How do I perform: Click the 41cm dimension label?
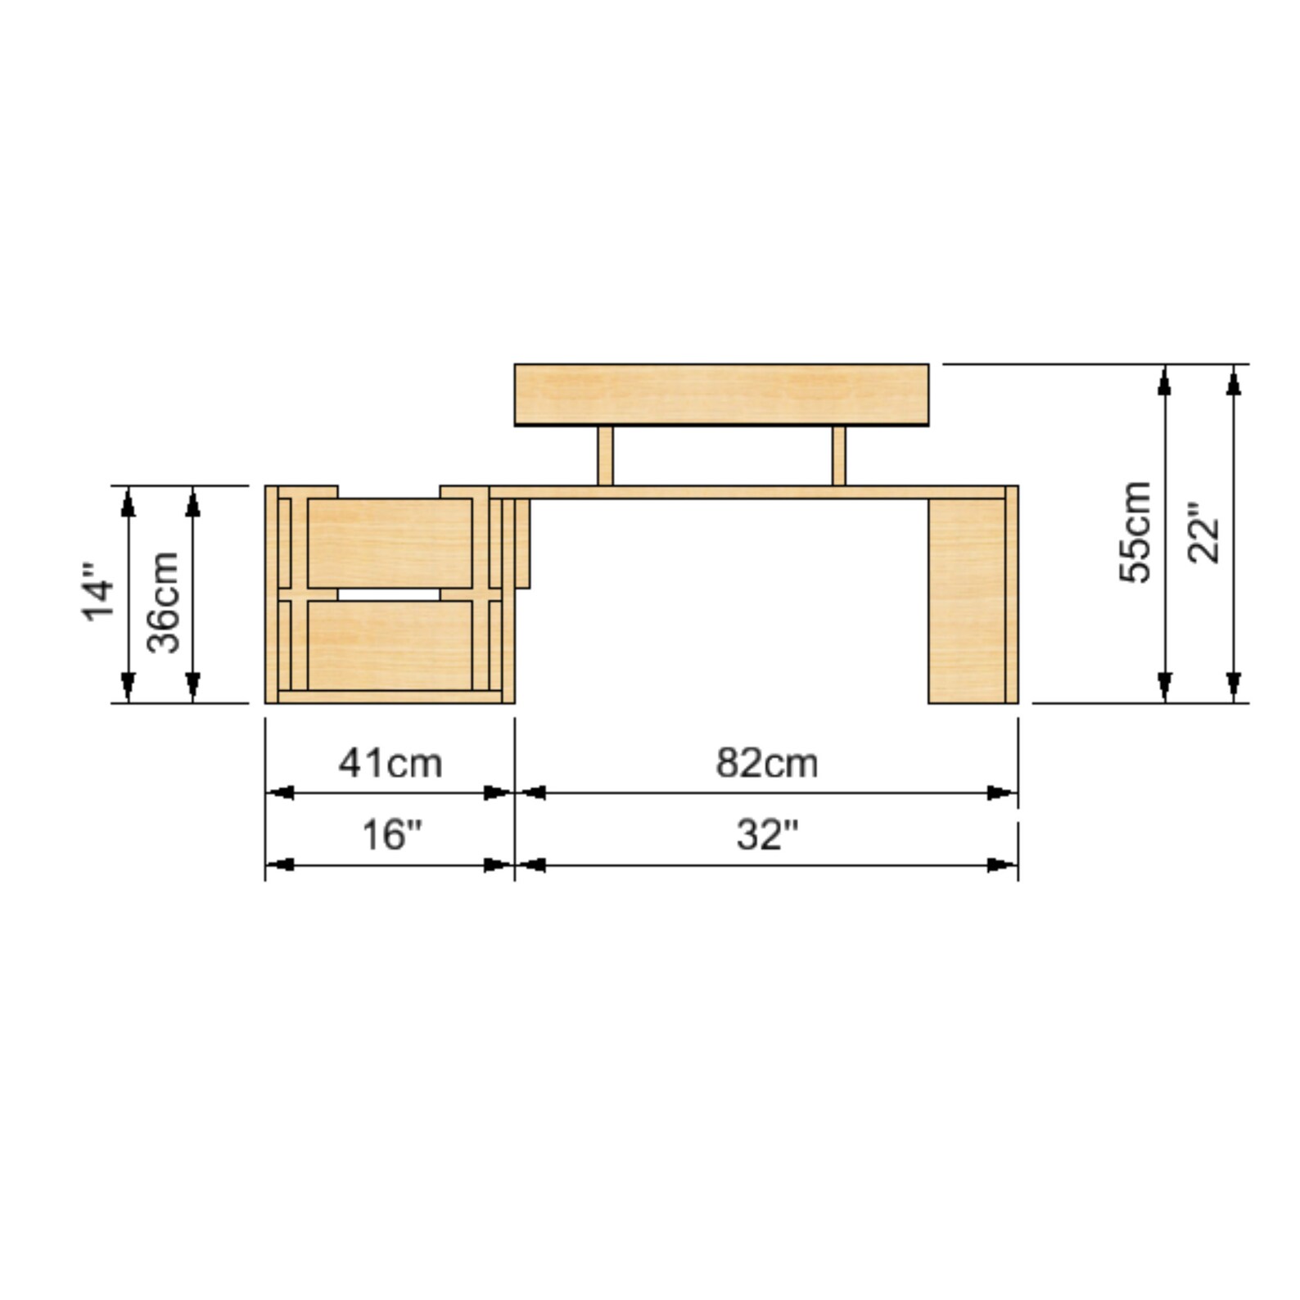(390, 763)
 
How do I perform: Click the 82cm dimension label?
(766, 763)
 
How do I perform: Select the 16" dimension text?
(391, 835)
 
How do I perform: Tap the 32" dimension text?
(766, 835)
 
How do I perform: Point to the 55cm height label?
(1135, 532)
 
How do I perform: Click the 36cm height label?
(163, 602)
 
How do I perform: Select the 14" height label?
(97, 592)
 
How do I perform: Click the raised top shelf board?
(720, 395)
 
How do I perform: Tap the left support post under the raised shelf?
(605, 456)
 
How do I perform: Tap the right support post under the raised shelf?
(838, 456)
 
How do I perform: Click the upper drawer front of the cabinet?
(390, 542)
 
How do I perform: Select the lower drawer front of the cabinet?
(390, 645)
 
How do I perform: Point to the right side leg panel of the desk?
(968, 600)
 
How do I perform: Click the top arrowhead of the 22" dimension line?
(1234, 380)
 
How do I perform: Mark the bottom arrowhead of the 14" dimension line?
(128, 686)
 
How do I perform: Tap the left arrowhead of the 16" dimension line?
(280, 864)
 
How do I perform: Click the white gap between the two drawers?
(389, 594)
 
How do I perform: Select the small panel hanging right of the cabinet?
(522, 543)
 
